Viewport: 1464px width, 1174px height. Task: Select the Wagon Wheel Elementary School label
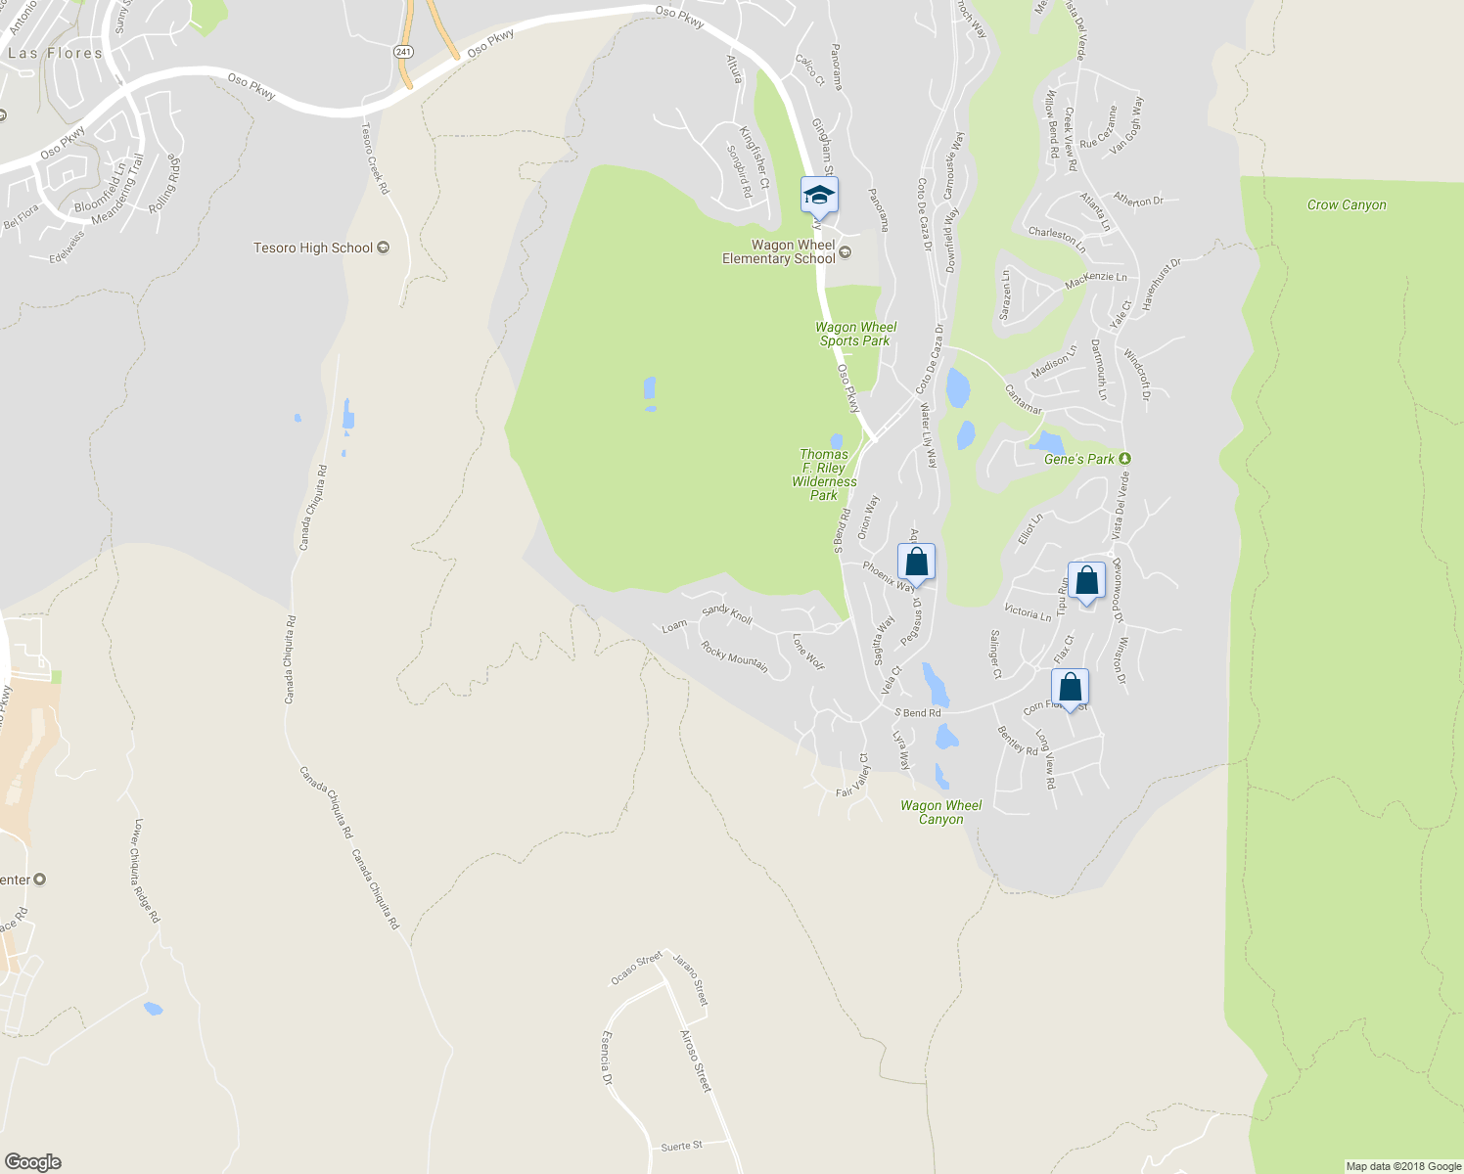tap(779, 251)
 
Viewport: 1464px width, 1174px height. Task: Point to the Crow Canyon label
tap(1347, 204)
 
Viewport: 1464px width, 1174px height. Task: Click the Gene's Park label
tap(1079, 459)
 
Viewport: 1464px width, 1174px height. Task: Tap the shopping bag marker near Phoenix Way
tap(916, 563)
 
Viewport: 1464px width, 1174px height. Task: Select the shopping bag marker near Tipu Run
tap(1086, 581)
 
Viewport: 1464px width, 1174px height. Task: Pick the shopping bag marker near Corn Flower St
tap(1070, 687)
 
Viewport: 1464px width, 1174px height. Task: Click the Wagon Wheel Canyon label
tap(940, 812)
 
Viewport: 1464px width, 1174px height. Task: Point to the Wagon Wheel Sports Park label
tap(856, 334)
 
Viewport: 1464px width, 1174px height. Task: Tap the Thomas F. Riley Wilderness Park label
tap(824, 474)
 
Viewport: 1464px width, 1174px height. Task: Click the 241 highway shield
tap(404, 50)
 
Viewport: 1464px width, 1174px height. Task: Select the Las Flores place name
tap(55, 53)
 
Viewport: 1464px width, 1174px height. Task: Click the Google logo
tap(32, 1161)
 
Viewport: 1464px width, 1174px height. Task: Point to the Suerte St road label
tap(681, 1145)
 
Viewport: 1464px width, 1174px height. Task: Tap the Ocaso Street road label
tap(637, 969)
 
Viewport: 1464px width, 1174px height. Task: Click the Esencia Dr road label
tap(607, 1058)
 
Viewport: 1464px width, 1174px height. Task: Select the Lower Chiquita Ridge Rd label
tap(146, 871)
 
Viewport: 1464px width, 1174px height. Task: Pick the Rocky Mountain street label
tap(734, 655)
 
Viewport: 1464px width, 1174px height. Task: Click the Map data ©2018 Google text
tap(1403, 1166)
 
